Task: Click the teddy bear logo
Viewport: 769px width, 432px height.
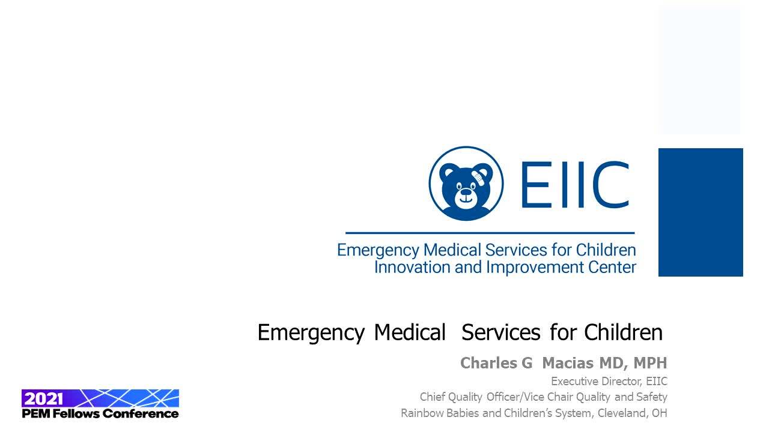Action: pyautogui.click(x=466, y=184)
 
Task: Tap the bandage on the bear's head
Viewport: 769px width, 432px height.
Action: pyautogui.click(x=478, y=178)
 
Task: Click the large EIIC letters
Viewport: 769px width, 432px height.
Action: pyautogui.click(x=576, y=184)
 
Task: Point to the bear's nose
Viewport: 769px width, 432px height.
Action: pyautogui.click(x=466, y=191)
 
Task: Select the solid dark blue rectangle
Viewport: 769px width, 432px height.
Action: pyautogui.click(x=701, y=212)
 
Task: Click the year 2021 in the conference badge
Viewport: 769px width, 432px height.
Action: pyautogui.click(x=44, y=399)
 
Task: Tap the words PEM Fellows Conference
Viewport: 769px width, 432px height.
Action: pyautogui.click(x=100, y=413)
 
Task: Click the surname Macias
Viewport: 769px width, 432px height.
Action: pyautogui.click(x=568, y=363)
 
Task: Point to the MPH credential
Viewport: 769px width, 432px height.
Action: pyautogui.click(x=650, y=363)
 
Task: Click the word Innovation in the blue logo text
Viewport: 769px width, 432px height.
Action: pyautogui.click(x=412, y=267)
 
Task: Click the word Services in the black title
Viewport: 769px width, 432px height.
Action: pyautogui.click(x=501, y=332)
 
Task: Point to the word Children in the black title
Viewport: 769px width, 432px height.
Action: pyautogui.click(x=624, y=332)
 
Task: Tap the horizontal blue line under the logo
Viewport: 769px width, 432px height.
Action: pyautogui.click(x=490, y=233)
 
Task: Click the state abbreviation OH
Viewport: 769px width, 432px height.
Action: pyautogui.click(x=660, y=413)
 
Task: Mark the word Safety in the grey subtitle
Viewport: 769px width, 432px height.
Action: pyautogui.click(x=652, y=397)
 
